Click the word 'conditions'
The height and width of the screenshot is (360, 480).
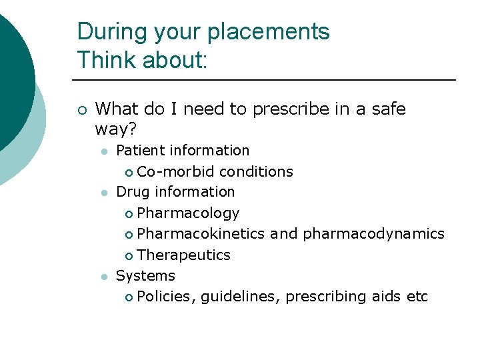[x=256, y=171]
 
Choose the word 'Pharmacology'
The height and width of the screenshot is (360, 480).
[x=188, y=213]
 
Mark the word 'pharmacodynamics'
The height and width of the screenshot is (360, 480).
[x=373, y=234]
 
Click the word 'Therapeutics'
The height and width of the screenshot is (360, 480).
[x=183, y=255]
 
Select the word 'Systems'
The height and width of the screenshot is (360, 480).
[x=145, y=275]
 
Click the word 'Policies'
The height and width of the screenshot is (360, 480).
[x=166, y=296]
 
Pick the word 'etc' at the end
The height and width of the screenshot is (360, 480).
[x=417, y=296]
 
